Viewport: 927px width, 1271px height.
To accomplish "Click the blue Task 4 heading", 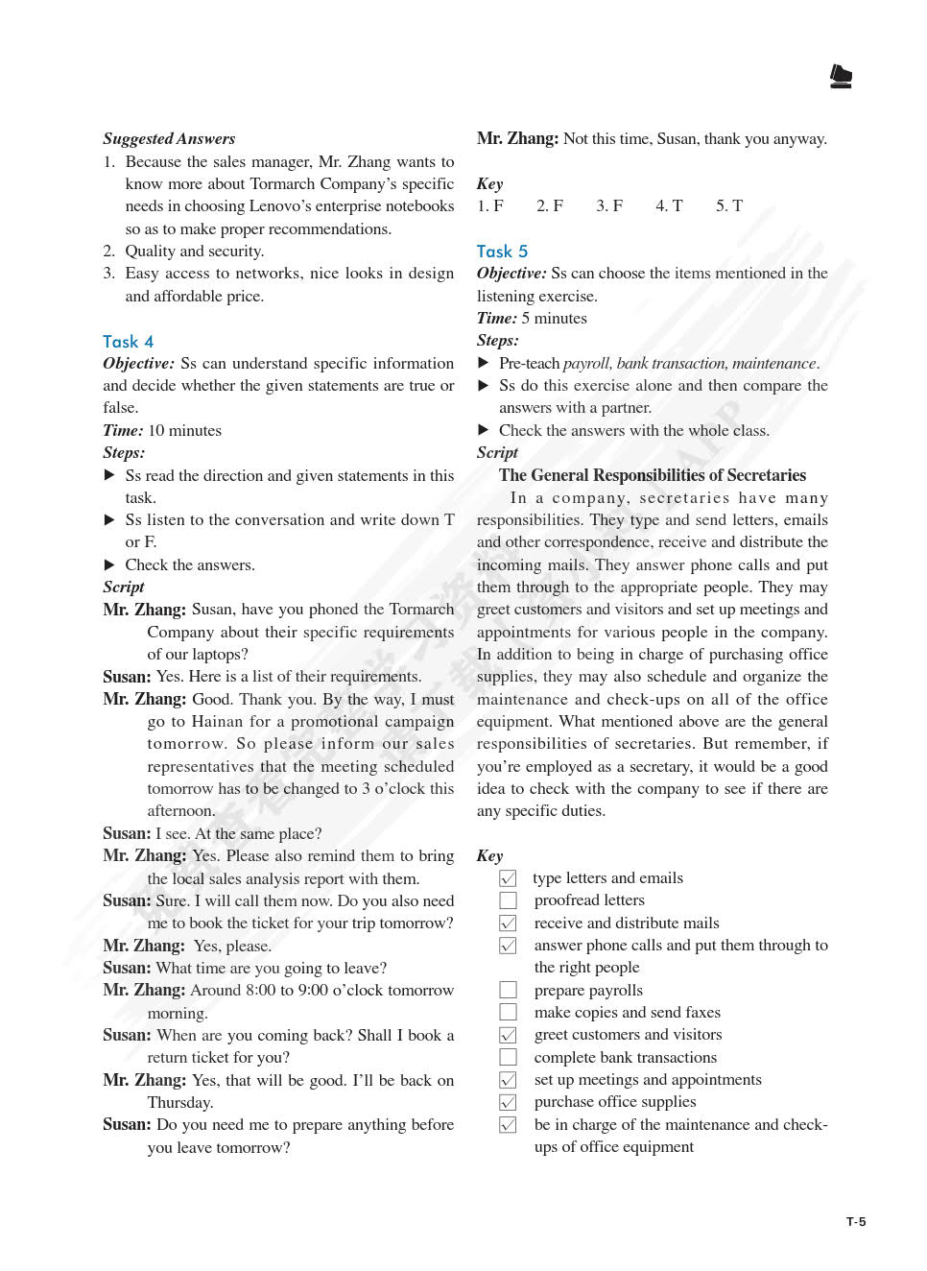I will [128, 342].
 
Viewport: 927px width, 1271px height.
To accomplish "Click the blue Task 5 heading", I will [502, 252].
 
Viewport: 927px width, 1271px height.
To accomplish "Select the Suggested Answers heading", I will [169, 138].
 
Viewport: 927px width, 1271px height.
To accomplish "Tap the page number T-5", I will [856, 1222].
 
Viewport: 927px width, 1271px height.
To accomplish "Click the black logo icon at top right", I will [841, 77].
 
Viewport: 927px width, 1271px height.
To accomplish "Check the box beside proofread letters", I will [509, 900].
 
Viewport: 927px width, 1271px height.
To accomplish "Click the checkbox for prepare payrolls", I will [509, 990].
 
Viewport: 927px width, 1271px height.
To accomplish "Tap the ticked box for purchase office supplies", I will [509, 1102].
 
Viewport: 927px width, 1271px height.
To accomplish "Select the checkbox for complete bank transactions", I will [509, 1057].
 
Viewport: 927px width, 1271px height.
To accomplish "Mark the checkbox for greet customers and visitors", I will [509, 1035].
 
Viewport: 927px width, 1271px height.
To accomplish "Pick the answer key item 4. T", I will [669, 205].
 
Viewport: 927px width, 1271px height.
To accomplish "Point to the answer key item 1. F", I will [490, 205].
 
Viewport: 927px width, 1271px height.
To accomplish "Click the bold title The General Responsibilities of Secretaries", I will [652, 475].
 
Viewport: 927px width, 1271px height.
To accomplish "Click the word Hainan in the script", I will [218, 721].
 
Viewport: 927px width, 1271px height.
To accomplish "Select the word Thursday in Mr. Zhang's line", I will [180, 1102].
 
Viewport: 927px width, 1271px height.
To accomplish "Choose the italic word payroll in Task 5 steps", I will [586, 363].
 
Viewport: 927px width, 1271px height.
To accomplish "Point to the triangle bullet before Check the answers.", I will [109, 564].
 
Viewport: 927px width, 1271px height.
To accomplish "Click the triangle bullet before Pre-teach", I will [484, 363].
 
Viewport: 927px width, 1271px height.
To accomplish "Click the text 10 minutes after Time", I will [184, 430].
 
